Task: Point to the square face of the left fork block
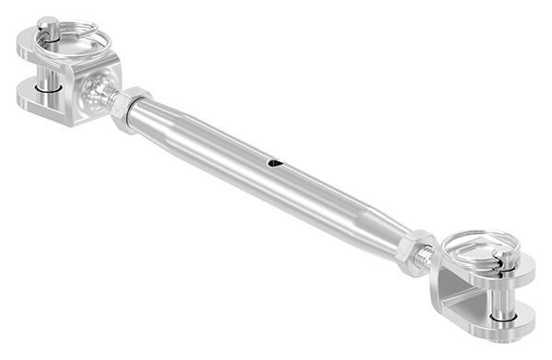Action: (x=97, y=92)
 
